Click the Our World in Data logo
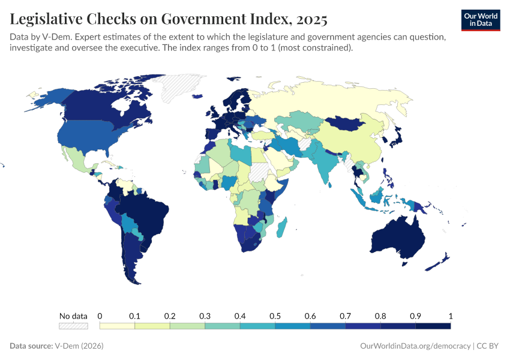pos(480,20)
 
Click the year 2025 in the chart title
pos(310,19)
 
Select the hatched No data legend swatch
pos(73,326)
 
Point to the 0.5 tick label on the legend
pos(275,316)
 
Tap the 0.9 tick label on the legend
pos(415,316)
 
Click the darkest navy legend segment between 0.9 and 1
pos(433,326)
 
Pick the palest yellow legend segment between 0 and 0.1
pos(117,326)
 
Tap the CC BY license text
pos(488,346)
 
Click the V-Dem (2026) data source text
pos(79,346)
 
